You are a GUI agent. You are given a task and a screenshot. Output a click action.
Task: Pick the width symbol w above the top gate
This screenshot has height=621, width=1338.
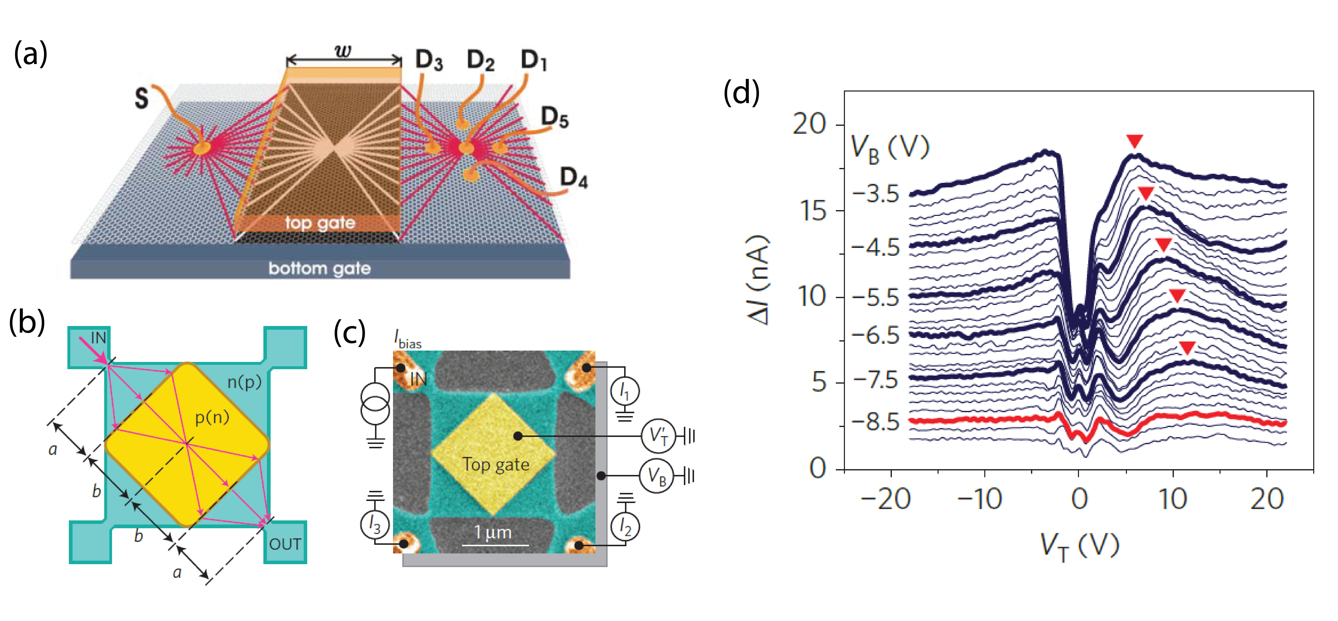tap(343, 51)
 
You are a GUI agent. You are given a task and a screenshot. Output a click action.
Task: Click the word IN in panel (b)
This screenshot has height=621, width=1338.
tap(98, 338)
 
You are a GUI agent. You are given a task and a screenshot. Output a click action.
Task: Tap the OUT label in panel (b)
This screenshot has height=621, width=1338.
tap(285, 544)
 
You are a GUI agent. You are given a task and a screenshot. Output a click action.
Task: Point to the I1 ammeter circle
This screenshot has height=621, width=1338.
tap(625, 391)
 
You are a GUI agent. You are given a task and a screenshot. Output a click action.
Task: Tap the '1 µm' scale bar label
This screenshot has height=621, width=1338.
tap(493, 532)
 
